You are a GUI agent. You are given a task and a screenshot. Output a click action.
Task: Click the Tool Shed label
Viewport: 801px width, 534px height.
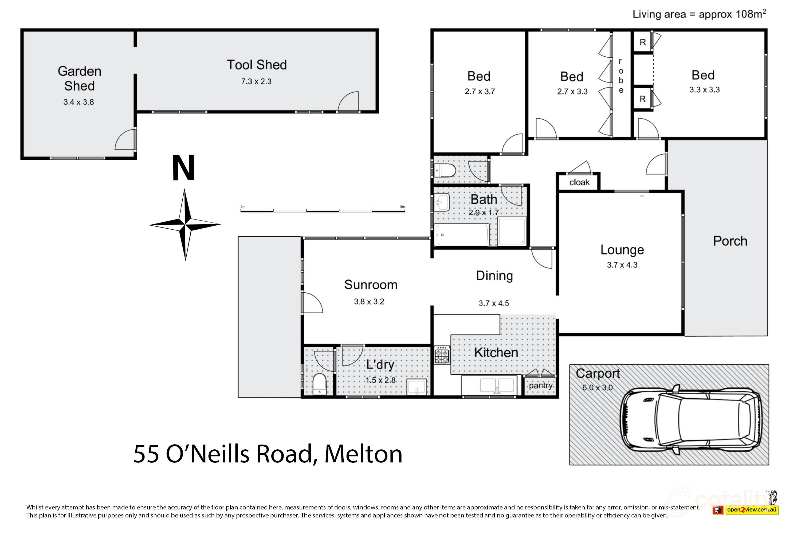point(257,65)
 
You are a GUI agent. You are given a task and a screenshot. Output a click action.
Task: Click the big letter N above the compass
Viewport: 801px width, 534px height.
point(184,168)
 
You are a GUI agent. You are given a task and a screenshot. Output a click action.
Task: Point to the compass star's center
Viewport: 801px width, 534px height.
point(185,225)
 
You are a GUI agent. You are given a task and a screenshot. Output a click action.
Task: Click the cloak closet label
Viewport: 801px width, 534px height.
point(579,182)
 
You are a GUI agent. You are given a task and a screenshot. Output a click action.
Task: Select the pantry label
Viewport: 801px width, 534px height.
point(540,385)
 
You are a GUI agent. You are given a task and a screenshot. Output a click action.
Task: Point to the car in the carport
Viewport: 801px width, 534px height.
point(690,419)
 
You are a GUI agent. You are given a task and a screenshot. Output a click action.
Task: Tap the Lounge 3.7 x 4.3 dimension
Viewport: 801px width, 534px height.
point(622,265)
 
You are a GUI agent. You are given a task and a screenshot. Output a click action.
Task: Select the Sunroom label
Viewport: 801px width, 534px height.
point(371,284)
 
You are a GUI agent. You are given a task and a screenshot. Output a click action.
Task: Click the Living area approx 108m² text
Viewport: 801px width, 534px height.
point(699,14)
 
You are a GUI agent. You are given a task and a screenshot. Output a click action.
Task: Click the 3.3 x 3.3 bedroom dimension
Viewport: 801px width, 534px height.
point(704,89)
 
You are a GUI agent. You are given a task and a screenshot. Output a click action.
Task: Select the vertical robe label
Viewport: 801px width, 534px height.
point(621,76)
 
